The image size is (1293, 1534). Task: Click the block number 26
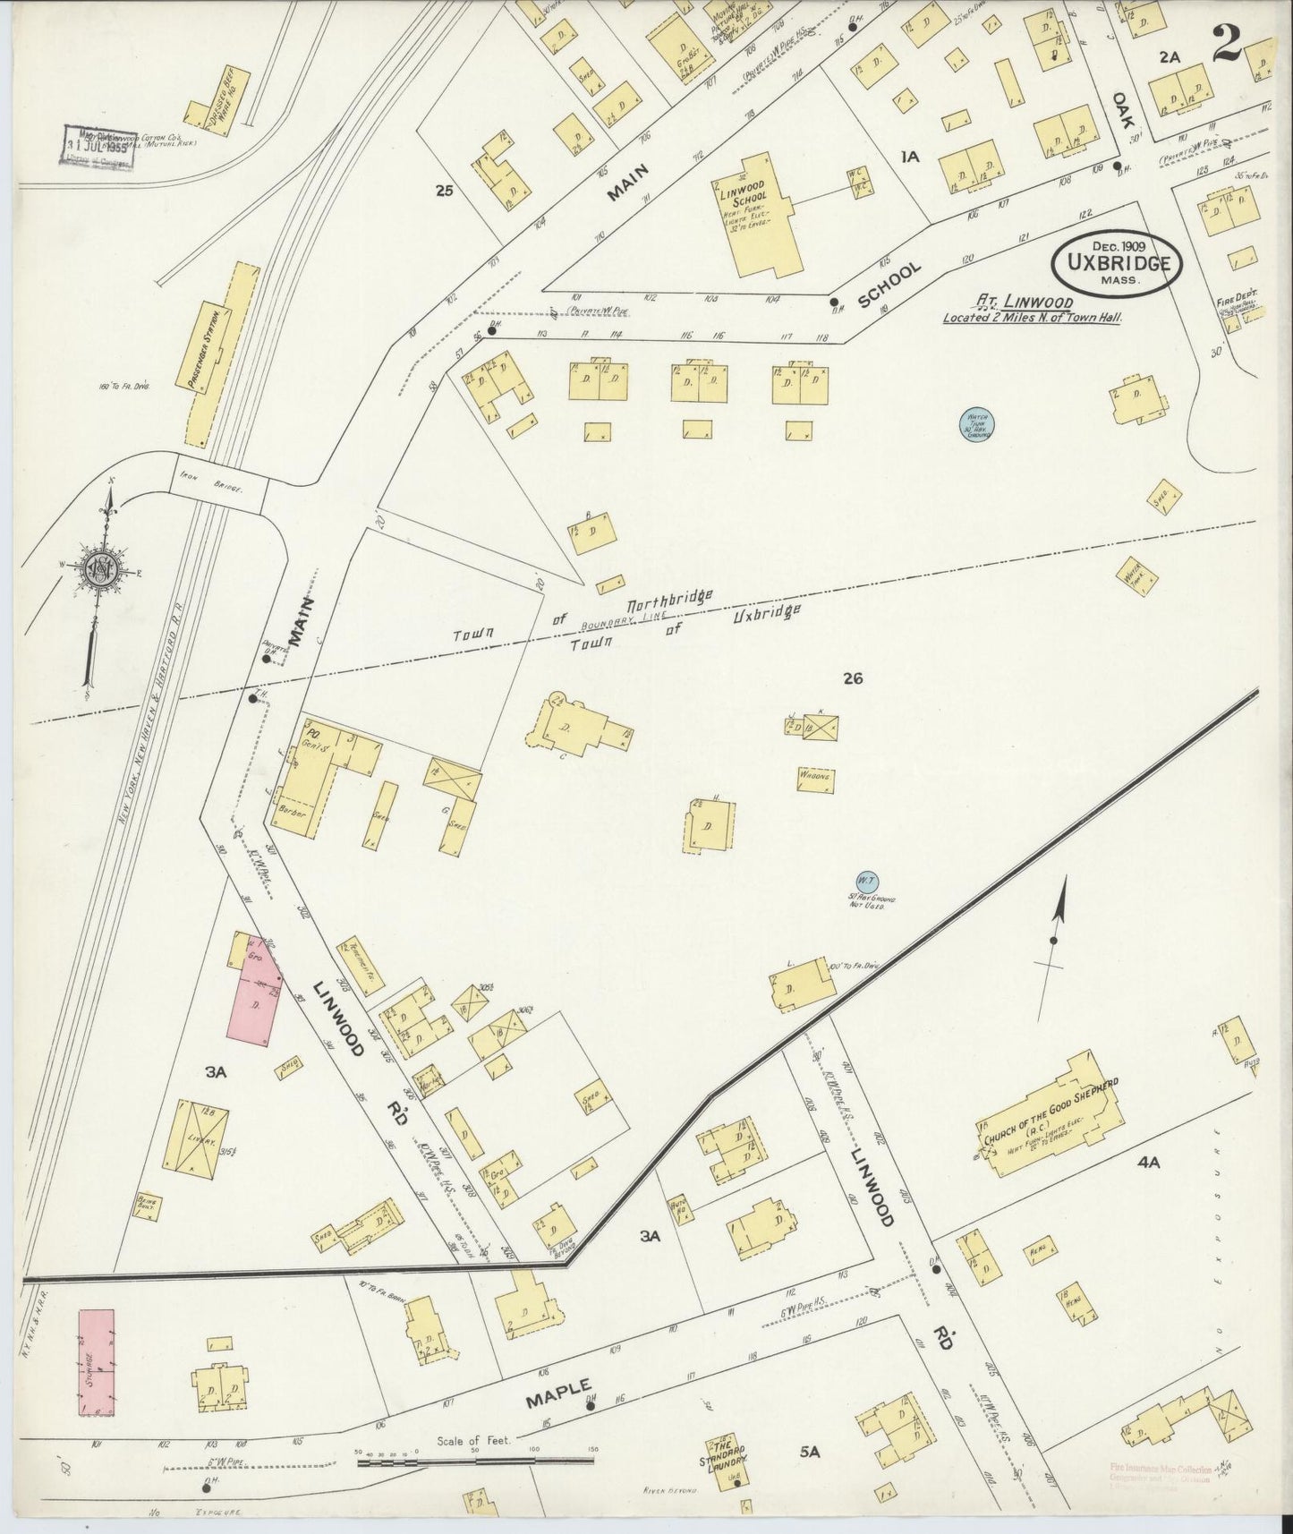852,678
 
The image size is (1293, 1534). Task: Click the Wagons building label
815,778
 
